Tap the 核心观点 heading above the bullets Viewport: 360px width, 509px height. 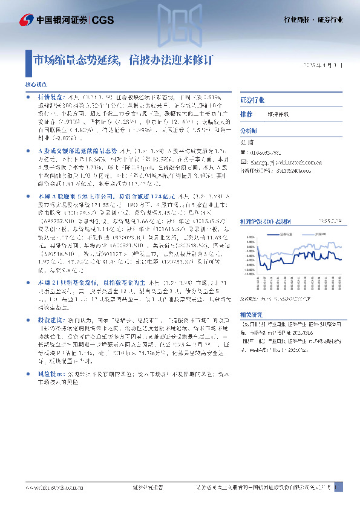[x=35, y=86]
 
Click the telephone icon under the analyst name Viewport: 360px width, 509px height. [x=243, y=154]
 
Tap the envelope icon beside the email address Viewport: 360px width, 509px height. [x=243, y=162]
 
